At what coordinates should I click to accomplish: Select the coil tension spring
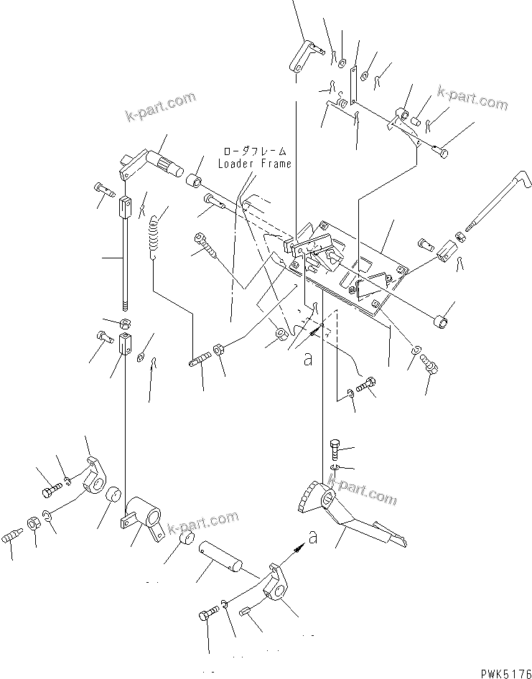[154, 238]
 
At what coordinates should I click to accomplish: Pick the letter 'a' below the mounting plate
[308, 360]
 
